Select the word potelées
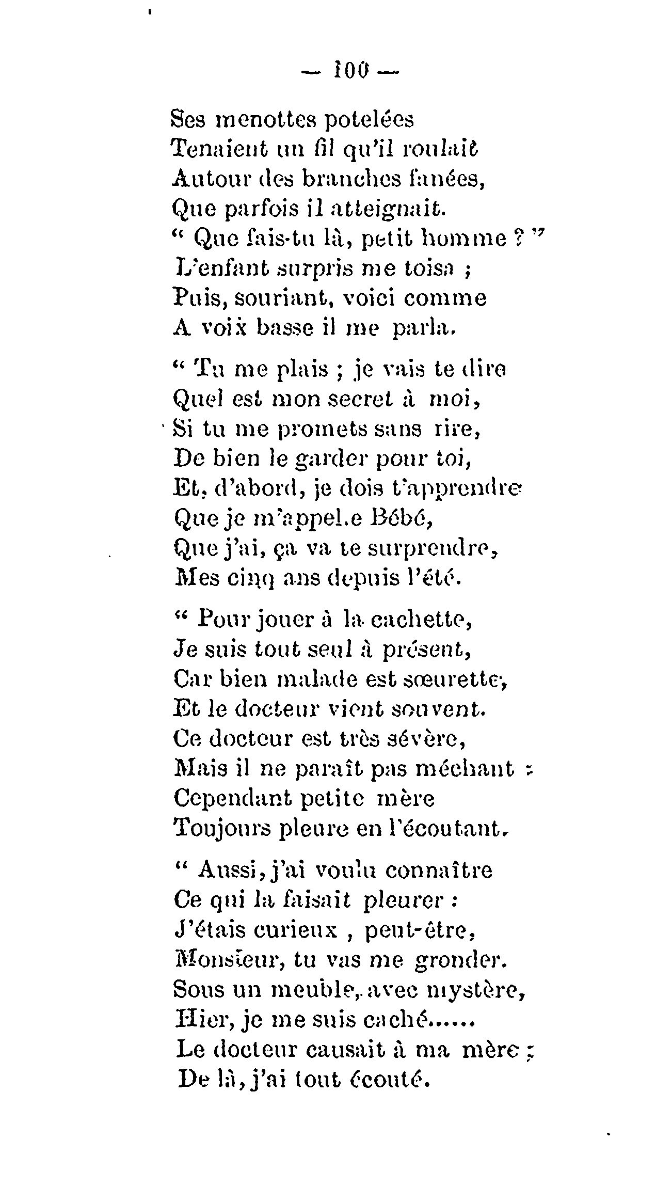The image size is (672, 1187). point(370,121)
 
